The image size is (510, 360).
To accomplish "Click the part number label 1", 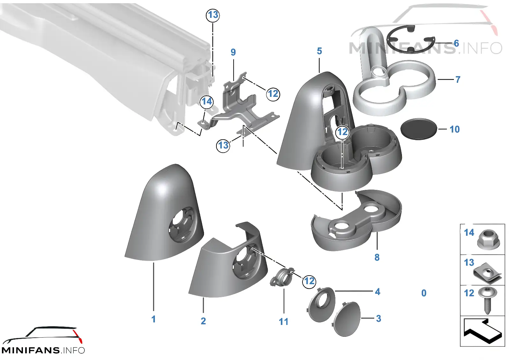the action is tap(153, 319).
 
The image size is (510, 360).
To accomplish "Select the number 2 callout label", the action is tap(203, 321).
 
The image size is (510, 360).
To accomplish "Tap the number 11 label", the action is tap(283, 321).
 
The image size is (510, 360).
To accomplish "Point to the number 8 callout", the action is tap(377, 257).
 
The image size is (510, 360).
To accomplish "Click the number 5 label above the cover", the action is tap(319, 51).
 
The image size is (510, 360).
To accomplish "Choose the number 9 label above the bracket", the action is tap(233, 52).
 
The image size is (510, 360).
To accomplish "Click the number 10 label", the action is tap(455, 129).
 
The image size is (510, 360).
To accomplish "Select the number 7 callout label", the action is tap(458, 79).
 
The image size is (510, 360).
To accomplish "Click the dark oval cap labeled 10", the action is tap(419, 129).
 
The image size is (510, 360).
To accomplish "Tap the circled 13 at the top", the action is tap(213, 15).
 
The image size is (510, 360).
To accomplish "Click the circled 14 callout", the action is tap(207, 101).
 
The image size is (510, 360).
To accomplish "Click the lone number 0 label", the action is tap(424, 293).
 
